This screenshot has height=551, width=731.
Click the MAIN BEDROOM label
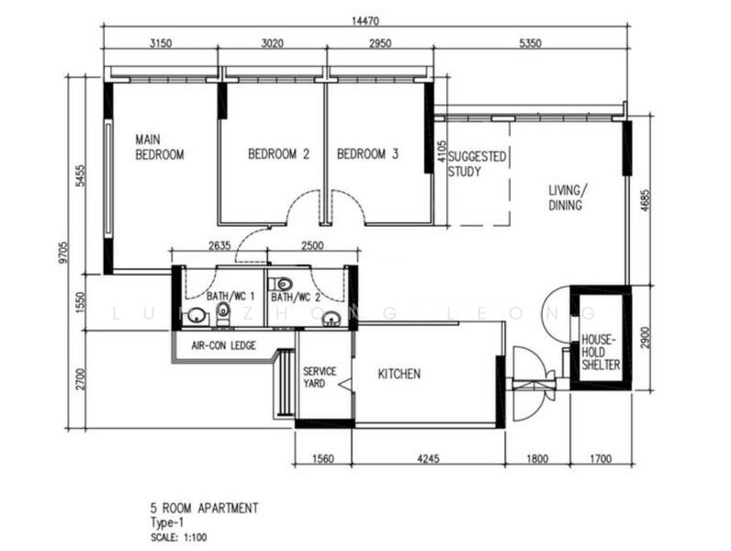click(159, 147)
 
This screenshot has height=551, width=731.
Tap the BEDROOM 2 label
click(278, 155)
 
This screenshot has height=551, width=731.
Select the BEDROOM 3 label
click(367, 155)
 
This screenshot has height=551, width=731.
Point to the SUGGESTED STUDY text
click(477, 163)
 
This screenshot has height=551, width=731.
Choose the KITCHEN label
click(399, 374)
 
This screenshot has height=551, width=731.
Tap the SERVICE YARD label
click(320, 377)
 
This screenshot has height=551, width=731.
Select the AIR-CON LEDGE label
click(223, 346)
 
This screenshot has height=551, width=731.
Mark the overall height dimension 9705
click(62, 253)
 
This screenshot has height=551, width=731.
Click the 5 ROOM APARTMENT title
click(204, 508)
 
